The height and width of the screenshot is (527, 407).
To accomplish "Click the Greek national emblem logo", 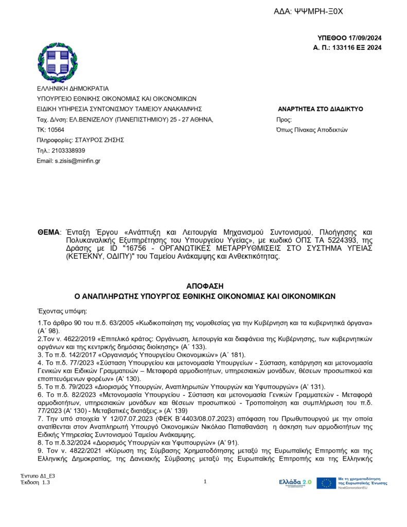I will (x=57, y=62).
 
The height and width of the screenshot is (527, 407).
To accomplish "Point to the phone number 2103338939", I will (x=68, y=150).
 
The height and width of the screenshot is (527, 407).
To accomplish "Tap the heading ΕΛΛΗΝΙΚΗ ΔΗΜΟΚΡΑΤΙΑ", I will (x=73, y=89).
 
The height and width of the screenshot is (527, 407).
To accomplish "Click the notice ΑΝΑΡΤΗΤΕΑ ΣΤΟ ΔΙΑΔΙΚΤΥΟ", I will (x=320, y=109).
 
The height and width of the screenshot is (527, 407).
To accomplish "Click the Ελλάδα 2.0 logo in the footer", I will (x=295, y=482).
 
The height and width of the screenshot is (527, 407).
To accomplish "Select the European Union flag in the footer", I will (x=326, y=483).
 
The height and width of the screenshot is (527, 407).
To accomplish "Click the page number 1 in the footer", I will (x=205, y=482).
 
